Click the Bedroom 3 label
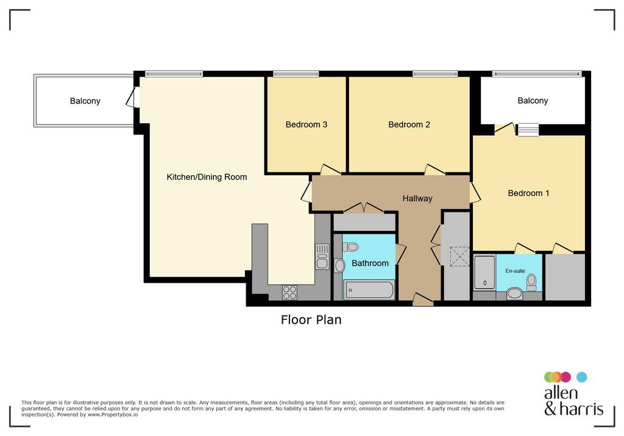[x=306, y=124]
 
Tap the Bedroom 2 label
[x=409, y=124]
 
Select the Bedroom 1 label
[x=528, y=193]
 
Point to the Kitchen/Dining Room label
[x=207, y=177]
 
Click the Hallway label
[x=417, y=199]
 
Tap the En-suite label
[x=515, y=271]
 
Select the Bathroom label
[x=370, y=263]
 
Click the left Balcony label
[x=85, y=101]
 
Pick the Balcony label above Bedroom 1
[x=533, y=100]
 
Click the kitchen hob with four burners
[x=289, y=292]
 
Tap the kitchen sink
[x=322, y=256]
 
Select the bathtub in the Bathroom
[x=369, y=290]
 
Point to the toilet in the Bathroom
[x=350, y=247]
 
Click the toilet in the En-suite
[x=531, y=282]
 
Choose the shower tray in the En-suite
[x=484, y=272]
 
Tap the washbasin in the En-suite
[x=514, y=294]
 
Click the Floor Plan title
[x=311, y=320]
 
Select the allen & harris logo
[x=573, y=394]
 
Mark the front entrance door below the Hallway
[x=423, y=300]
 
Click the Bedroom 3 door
[x=330, y=169]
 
